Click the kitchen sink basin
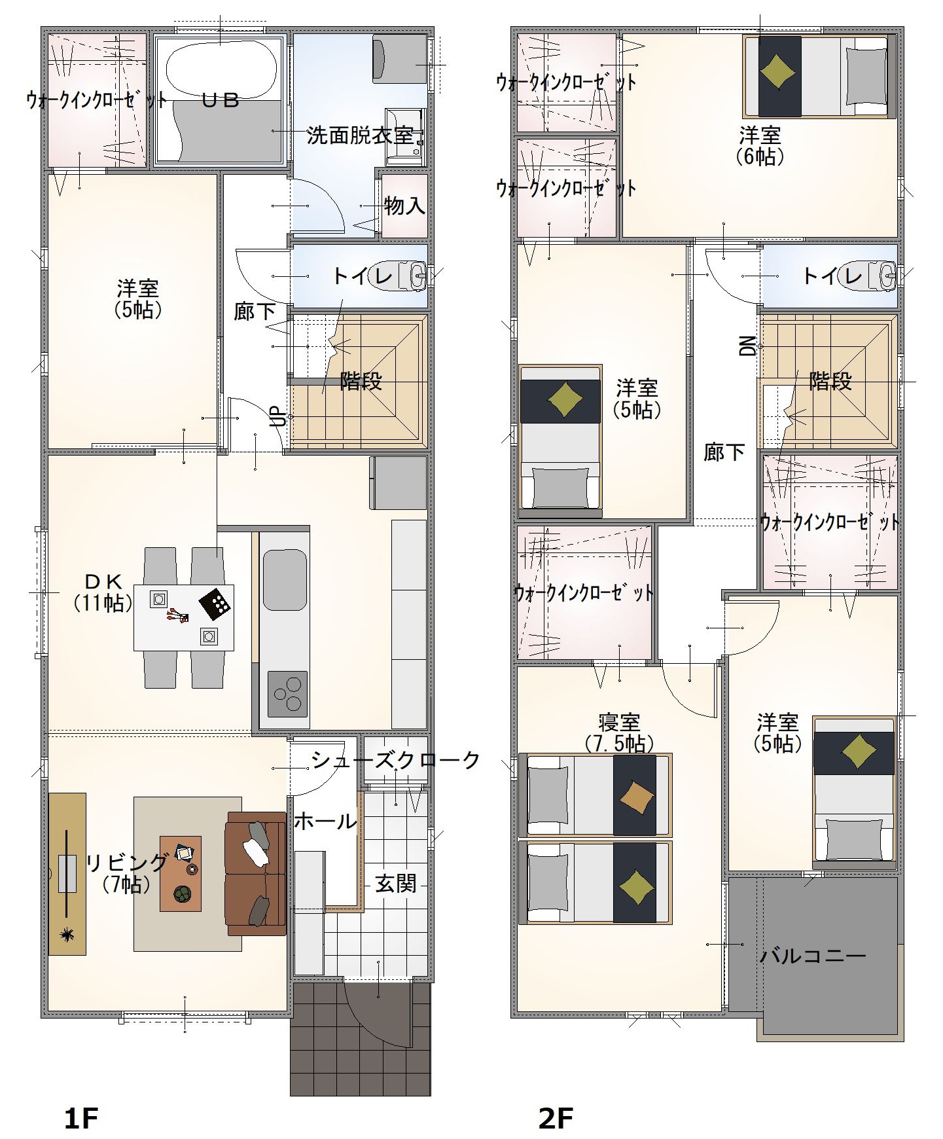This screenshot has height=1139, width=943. point(285,580)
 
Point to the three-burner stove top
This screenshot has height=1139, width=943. point(287,693)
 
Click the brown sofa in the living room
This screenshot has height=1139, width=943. point(255,874)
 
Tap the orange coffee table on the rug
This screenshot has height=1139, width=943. point(181,873)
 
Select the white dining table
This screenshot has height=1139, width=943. point(184,617)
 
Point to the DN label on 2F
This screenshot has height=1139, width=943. point(748,346)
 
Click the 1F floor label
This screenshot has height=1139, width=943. point(81,1100)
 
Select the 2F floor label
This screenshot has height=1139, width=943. point(556,1100)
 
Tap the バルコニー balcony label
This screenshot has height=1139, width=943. point(813,956)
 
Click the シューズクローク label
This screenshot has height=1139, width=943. point(396,760)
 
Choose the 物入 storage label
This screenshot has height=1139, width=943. point(405,206)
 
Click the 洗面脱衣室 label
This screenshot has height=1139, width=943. point(361,136)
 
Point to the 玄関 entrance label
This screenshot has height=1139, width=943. point(396,884)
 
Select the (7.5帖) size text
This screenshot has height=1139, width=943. point(619,744)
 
